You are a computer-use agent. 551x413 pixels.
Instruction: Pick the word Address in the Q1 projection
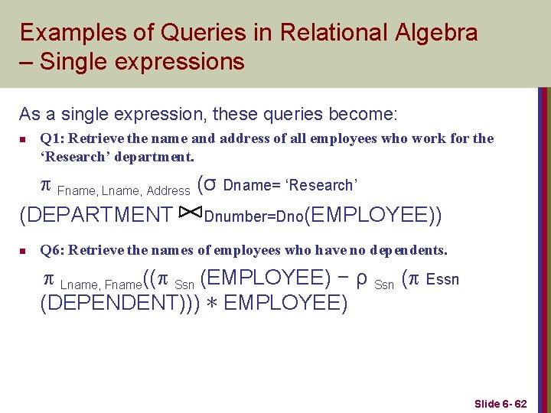(x=168, y=190)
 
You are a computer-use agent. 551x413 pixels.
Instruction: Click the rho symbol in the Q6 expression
(x=363, y=277)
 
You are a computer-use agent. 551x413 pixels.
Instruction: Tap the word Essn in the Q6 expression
(x=442, y=278)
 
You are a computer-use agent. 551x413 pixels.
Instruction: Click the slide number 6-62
(x=514, y=403)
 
